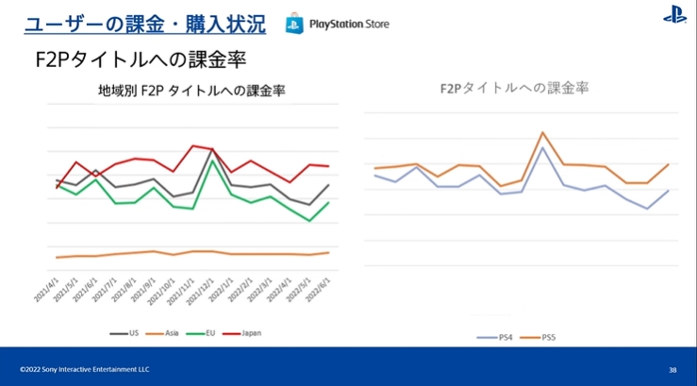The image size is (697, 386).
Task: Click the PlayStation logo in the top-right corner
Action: [674, 15]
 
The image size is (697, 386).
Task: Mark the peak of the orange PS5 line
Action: [542, 133]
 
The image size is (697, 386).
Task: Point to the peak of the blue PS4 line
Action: [542, 148]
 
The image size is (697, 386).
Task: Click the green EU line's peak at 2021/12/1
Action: [213, 161]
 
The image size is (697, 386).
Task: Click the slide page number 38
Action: [672, 369]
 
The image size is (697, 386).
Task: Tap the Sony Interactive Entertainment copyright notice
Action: [84, 369]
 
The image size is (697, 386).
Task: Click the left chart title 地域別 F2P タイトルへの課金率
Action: [191, 91]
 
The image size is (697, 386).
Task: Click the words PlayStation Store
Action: [349, 23]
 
